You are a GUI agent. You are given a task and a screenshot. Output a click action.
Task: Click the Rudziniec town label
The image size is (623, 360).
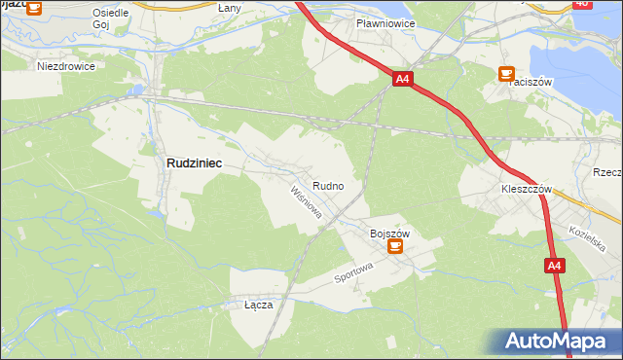pos(194,164)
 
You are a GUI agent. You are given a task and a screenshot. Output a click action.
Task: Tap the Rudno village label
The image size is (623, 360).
pos(327,185)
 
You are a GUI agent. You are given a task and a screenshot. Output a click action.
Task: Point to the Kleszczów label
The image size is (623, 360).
pos(527,189)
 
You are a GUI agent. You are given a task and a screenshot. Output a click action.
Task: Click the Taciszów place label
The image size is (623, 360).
pos(530,83)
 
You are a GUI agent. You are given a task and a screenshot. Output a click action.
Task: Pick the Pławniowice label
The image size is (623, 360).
pos(386,22)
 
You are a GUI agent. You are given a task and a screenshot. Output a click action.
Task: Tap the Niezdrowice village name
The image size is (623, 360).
pos(65,67)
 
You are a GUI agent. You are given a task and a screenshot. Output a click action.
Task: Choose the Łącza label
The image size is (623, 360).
pos(258,305)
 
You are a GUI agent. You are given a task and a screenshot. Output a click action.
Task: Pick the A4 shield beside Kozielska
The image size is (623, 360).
pos(553,266)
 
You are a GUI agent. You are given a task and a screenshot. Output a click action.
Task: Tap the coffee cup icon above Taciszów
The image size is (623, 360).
pos(506,73)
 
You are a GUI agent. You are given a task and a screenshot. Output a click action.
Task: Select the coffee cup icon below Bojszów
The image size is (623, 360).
pos(395,247)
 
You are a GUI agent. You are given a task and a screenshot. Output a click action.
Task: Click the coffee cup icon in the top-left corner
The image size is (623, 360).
pos(33,8)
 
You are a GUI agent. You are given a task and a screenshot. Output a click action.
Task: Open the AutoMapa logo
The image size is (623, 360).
pos(554,342)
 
